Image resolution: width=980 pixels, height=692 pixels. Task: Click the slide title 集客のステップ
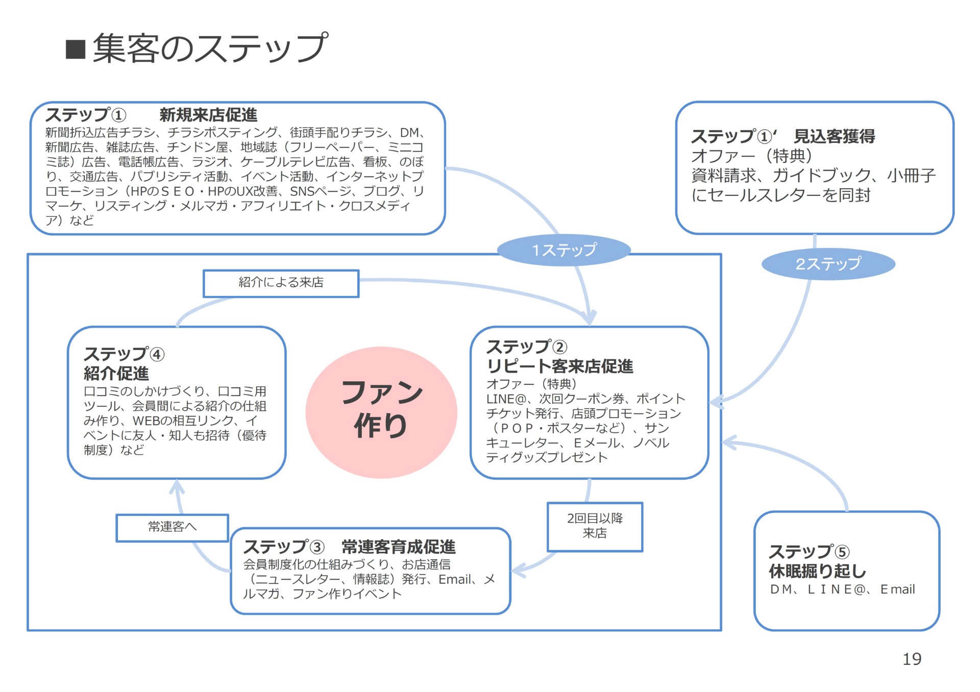(209, 48)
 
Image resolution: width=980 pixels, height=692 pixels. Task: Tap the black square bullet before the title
(76, 50)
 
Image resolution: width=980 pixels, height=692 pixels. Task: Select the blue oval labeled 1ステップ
(564, 250)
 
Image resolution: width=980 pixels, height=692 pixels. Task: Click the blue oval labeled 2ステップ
(828, 264)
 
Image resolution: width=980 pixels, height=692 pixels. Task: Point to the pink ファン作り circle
(381, 412)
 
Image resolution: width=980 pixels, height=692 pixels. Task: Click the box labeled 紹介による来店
(281, 283)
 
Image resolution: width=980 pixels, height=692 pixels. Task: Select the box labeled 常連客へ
(172, 527)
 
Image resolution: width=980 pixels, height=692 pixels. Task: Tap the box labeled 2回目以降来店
(595, 526)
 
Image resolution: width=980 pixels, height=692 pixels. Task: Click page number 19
(912, 659)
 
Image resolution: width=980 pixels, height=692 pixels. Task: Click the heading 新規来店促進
(208, 115)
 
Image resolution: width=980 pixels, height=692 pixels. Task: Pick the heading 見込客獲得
(834, 136)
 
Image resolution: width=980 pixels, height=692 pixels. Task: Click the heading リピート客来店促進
(560, 366)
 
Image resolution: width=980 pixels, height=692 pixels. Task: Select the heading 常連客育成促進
(398, 547)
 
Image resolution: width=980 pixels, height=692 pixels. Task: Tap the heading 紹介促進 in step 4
(116, 374)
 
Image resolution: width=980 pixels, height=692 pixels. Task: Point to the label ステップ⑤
(809, 552)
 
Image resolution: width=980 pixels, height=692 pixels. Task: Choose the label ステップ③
(284, 547)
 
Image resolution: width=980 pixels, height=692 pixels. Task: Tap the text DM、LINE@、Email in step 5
(842, 589)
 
